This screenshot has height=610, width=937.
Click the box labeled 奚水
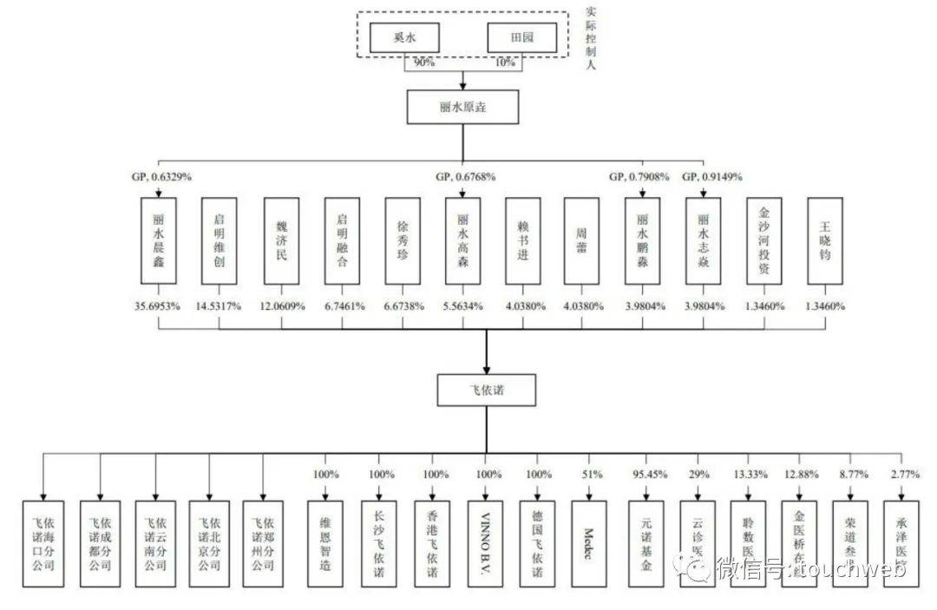tap(404, 37)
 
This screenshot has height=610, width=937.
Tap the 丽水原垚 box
tap(463, 108)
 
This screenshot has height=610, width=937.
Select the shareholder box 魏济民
tap(280, 240)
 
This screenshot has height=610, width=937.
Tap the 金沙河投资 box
tap(763, 240)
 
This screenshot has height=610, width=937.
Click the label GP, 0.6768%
tap(465, 176)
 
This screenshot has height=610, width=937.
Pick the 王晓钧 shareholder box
tap(823, 240)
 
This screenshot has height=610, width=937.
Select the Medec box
tap(590, 543)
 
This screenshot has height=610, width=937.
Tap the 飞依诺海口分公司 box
tap(43, 543)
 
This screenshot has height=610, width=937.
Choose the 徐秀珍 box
tap(402, 240)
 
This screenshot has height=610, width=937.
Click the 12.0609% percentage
tap(280, 305)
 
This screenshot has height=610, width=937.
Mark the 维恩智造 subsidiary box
tap(325, 543)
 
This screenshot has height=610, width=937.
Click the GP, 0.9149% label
tap(711, 176)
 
